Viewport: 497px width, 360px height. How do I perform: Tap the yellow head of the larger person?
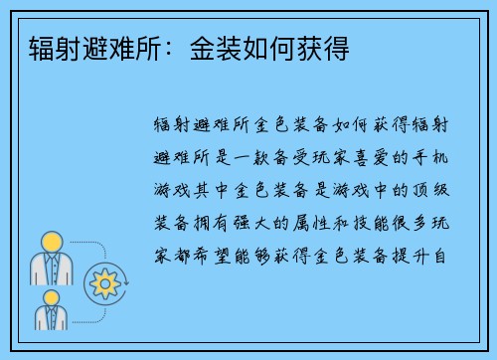point(48,242)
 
